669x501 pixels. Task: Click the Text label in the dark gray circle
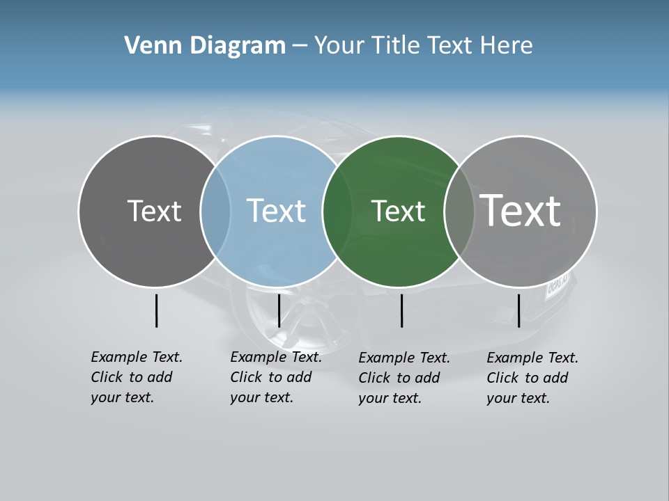[154, 211]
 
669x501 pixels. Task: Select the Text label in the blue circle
[276, 211]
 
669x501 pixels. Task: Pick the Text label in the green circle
[398, 211]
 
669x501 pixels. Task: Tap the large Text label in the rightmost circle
[521, 210]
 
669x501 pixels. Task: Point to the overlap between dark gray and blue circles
[215, 212]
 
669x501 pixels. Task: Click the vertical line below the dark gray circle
[156, 310]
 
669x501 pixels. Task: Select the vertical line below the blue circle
[279, 310]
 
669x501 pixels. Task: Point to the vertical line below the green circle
[401, 310]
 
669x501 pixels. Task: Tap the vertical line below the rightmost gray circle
[518, 310]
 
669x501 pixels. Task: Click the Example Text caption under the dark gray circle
[137, 377]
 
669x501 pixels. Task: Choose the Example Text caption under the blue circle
[276, 377]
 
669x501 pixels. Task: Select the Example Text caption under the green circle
[404, 378]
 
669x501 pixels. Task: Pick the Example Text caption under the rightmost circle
[532, 378]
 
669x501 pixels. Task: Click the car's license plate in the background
[557, 285]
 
